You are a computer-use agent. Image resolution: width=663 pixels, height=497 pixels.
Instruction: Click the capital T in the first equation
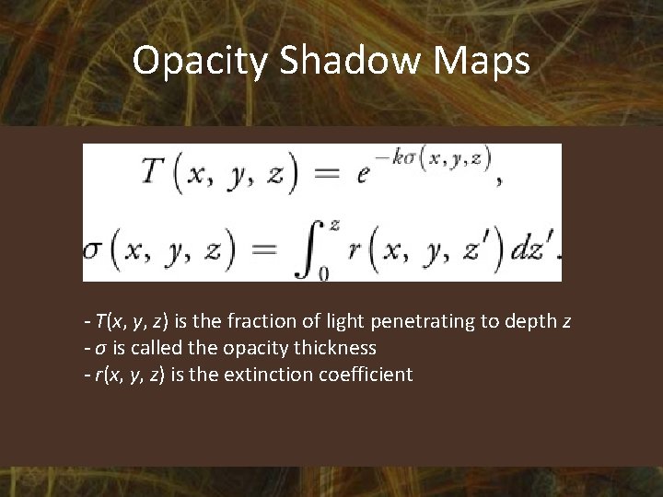pos(154,174)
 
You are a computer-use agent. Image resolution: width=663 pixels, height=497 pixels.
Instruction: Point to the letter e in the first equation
pos(363,174)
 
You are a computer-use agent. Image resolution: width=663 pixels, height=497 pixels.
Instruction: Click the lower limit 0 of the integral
pos(323,273)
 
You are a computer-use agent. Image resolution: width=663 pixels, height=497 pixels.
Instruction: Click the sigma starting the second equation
pos(92,249)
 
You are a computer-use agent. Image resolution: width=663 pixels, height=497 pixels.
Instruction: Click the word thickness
pos(333,348)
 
